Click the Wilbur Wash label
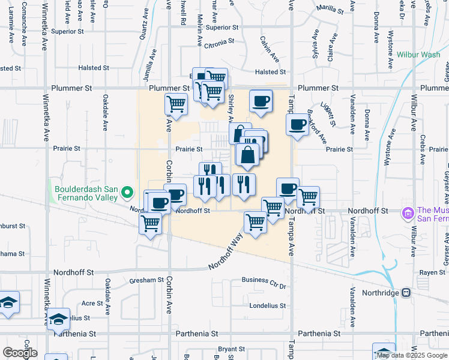point(418,55)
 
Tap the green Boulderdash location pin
point(127,193)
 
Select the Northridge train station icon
point(406,293)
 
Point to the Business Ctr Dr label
point(265,280)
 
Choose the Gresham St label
point(147,280)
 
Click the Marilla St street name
point(330,10)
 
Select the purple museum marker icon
point(408,212)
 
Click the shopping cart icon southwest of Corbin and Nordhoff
point(150,224)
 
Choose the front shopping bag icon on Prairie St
point(248,155)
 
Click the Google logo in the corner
point(19,353)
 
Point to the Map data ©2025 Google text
point(412,355)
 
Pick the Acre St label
point(89,304)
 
